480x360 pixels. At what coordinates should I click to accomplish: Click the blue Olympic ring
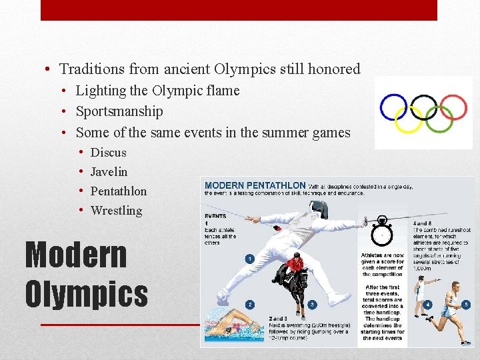(x=393, y=107)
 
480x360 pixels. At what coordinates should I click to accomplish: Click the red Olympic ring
(x=454, y=107)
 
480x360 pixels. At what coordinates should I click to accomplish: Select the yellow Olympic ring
(x=408, y=119)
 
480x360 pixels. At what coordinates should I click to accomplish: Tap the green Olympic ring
(x=439, y=119)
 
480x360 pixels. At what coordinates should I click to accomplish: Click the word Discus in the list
(x=108, y=153)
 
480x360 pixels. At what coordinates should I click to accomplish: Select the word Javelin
(x=109, y=172)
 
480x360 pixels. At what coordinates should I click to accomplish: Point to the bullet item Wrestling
(x=116, y=211)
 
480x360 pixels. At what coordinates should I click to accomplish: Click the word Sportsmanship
(x=119, y=111)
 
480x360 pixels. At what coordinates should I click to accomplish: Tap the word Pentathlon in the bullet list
(x=118, y=191)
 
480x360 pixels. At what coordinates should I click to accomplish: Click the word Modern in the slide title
(x=75, y=255)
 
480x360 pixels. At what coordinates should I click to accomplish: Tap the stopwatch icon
(x=382, y=230)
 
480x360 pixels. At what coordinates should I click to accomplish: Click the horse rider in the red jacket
(x=294, y=263)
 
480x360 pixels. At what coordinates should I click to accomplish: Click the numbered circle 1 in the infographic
(x=249, y=259)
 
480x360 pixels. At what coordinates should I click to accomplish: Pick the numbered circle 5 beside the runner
(x=466, y=304)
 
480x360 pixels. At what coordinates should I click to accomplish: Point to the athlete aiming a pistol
(x=421, y=293)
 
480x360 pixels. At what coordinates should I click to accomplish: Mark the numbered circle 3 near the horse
(x=312, y=305)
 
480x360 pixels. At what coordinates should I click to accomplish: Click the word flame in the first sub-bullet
(x=223, y=91)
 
